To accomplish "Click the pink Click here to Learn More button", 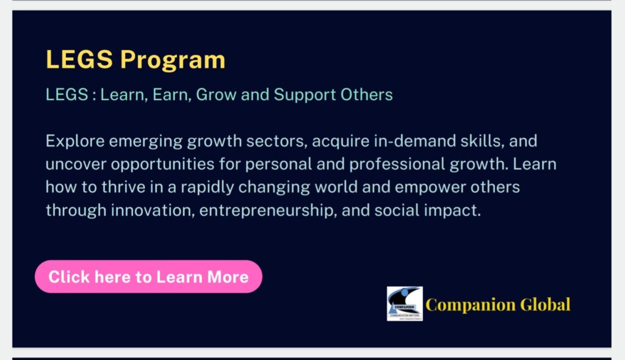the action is pyautogui.click(x=148, y=276).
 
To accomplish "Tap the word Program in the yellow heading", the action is pyautogui.click(x=173, y=60).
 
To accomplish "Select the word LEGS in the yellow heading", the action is pyautogui.click(x=79, y=59).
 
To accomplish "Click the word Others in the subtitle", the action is pyautogui.click(x=367, y=95).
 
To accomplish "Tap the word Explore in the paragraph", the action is pyautogui.click(x=75, y=141).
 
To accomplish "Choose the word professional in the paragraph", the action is pyautogui.click(x=397, y=165).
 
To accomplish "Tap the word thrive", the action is pyautogui.click(x=123, y=187).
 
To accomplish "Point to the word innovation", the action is pyautogui.click(x=153, y=210).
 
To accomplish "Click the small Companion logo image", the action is pyautogui.click(x=405, y=303).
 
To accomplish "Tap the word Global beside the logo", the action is pyautogui.click(x=545, y=304).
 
